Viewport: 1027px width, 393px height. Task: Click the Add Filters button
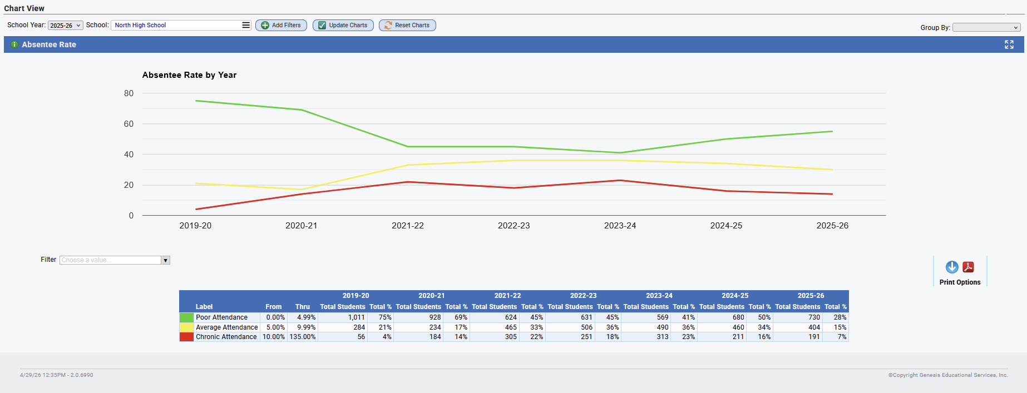[281, 25]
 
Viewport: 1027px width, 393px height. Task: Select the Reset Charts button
[407, 25]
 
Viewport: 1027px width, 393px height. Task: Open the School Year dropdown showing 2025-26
[66, 26]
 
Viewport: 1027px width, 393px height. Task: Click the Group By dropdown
[986, 27]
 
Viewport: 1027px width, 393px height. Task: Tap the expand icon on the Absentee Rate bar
[1009, 44]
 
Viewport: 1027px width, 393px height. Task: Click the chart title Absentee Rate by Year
[189, 75]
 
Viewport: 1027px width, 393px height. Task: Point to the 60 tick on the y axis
[129, 124]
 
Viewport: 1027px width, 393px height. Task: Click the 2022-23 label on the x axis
[513, 226]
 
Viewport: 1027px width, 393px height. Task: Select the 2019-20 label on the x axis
[195, 226]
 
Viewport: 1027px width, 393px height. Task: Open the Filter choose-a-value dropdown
[115, 260]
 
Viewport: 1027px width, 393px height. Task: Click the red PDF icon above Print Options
[969, 267]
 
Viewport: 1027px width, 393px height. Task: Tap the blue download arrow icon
[952, 267]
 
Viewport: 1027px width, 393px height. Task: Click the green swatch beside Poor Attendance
[186, 317]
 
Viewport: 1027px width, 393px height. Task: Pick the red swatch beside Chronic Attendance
[186, 337]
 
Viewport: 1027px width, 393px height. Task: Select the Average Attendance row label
[227, 327]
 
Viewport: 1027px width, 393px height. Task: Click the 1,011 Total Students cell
[357, 317]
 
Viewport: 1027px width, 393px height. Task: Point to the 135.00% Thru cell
[302, 337]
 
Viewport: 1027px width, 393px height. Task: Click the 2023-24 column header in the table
[659, 296]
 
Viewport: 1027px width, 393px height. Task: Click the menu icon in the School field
[246, 25]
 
